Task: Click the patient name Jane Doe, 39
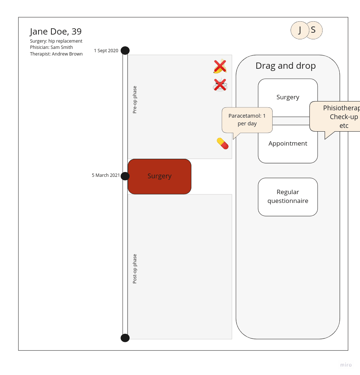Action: [56, 32]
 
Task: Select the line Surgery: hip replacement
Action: [56, 41]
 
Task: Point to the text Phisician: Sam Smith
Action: [51, 47]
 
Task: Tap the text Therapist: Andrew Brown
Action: [56, 54]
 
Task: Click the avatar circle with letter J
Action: [299, 30]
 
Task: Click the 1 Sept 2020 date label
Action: [106, 51]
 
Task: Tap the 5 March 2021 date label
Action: [105, 175]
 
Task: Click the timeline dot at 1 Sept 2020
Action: [125, 50]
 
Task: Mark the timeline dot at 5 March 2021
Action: [125, 176]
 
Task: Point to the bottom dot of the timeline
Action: [125, 338]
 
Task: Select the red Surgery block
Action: [159, 176]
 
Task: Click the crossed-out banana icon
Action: [220, 67]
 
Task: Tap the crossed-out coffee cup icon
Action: [220, 85]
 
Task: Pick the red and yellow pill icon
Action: [223, 143]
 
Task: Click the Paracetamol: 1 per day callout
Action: [247, 120]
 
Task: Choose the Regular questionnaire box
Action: [288, 197]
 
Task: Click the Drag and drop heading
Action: [285, 66]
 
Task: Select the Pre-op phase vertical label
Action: [135, 100]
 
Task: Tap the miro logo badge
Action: [346, 365]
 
